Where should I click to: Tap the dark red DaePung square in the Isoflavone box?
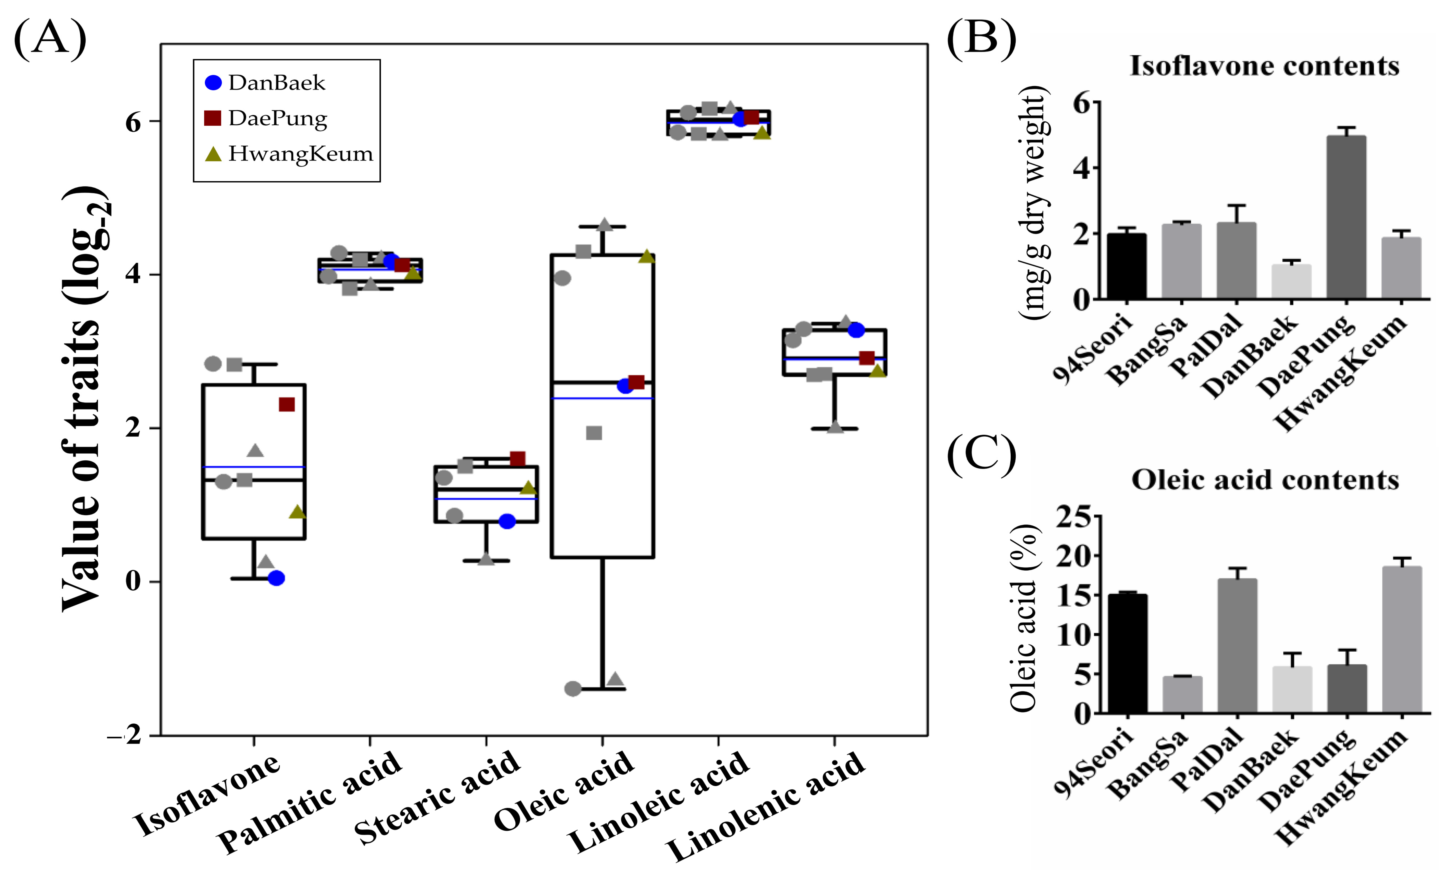pos(287,404)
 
